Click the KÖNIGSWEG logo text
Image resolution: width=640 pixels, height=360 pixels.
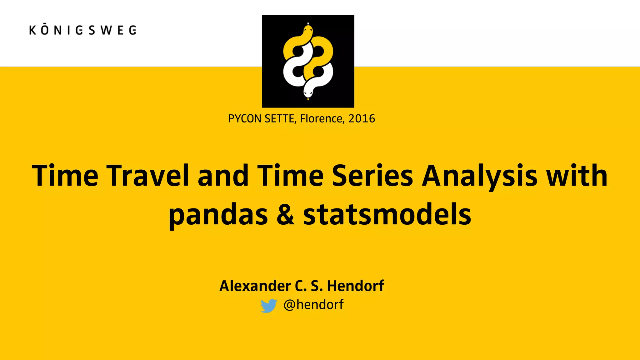pyautogui.click(x=83, y=30)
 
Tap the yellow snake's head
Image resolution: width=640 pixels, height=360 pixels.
pyautogui.click(x=308, y=31)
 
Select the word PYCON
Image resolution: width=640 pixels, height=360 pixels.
pyautogui.click(x=245, y=119)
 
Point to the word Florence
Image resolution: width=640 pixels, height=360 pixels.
pyautogui.click(x=322, y=119)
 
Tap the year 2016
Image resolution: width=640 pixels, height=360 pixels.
pyautogui.click(x=362, y=119)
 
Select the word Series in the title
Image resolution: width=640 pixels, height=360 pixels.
pyautogui.click(x=372, y=176)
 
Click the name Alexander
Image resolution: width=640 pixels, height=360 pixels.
pyautogui.click(x=255, y=286)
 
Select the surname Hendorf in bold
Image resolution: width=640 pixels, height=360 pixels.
pyautogui.click(x=355, y=286)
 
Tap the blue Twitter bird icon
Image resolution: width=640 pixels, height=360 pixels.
pyautogui.click(x=268, y=306)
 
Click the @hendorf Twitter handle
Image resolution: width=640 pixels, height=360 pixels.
pyautogui.click(x=313, y=305)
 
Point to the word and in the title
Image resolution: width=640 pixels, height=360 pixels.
pyautogui.click(x=223, y=176)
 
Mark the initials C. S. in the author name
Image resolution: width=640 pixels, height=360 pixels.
pyautogui.click(x=308, y=286)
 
